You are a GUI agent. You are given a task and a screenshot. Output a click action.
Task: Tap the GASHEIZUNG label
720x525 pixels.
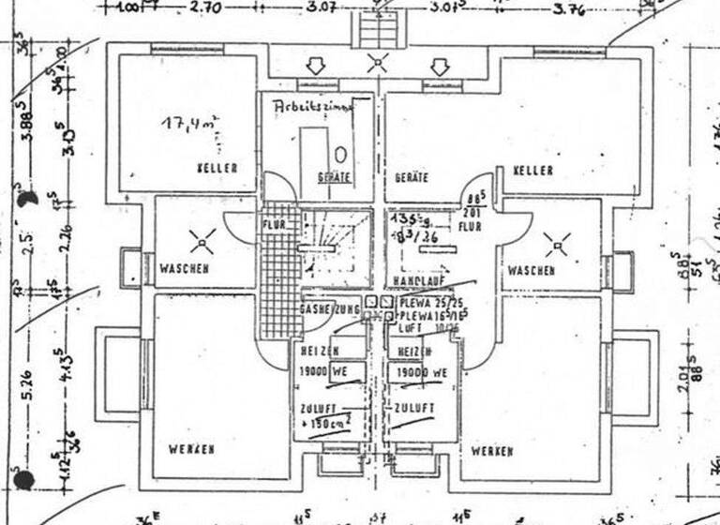(x=329, y=308)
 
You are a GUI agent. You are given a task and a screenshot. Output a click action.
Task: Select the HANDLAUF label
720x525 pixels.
(x=420, y=280)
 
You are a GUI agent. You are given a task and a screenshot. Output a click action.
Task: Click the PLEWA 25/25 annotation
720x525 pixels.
(x=431, y=303)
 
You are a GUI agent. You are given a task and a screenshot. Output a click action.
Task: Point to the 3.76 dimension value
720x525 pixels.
(x=568, y=10)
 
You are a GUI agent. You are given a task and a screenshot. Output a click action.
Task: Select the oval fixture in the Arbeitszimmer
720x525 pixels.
(x=340, y=154)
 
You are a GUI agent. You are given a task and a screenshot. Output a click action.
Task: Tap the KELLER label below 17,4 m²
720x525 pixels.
(x=217, y=168)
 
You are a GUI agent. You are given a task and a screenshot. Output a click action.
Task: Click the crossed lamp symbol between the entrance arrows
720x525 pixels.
(x=377, y=64)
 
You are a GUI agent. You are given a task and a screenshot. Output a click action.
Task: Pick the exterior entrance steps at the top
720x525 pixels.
(x=377, y=30)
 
